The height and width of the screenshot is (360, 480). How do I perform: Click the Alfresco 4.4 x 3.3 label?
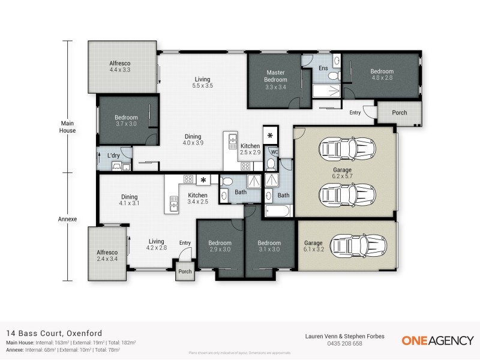[x=120, y=66]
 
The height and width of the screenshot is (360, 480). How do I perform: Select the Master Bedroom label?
[x=276, y=79]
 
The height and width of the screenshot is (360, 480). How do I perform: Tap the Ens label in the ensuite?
[x=323, y=68]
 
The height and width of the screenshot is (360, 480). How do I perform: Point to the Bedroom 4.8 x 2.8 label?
[x=382, y=74]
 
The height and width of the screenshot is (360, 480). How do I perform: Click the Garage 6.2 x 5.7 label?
[x=343, y=172]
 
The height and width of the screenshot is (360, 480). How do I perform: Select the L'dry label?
[x=113, y=156]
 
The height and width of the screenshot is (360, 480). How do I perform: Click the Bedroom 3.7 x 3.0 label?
[x=126, y=121]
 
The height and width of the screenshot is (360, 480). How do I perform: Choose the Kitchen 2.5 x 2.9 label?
[x=250, y=149]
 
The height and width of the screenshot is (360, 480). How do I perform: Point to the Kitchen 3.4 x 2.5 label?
[x=197, y=199]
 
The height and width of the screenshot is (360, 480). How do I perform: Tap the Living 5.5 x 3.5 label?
[x=203, y=82]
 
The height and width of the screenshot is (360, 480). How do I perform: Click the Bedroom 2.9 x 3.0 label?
[x=220, y=247]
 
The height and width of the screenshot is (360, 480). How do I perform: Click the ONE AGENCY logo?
[x=437, y=340]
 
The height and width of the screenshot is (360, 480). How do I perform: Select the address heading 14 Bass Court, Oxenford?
[x=54, y=333]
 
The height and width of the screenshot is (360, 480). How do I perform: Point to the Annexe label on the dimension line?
[x=68, y=219]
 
